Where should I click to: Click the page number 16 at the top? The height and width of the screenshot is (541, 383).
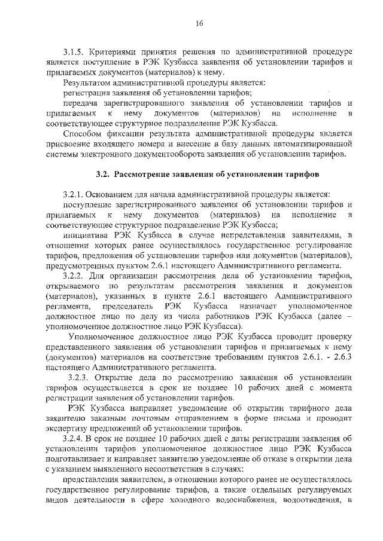click(x=199, y=23)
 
